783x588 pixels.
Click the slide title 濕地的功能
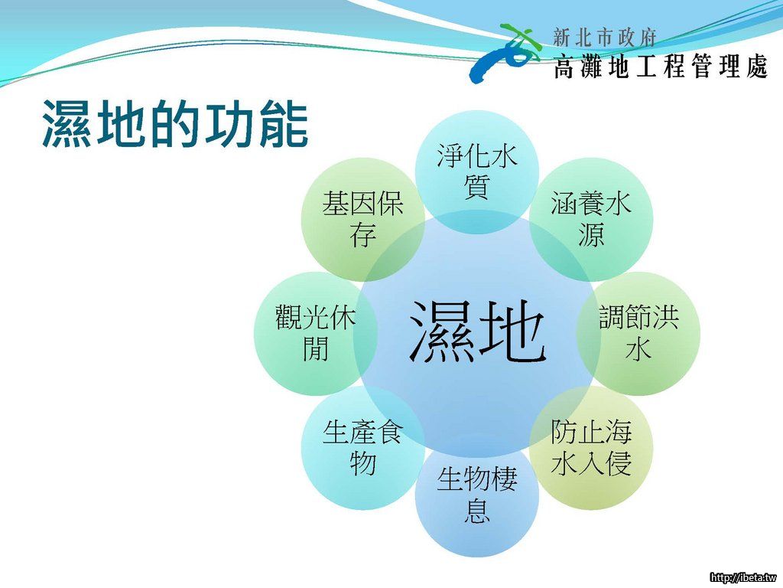175,123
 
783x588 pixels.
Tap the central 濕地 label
477,332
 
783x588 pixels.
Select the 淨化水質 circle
477,172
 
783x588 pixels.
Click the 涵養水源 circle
591,220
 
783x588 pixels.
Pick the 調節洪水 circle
638,334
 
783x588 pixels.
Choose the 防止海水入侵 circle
591,447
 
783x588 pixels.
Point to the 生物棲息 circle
477,495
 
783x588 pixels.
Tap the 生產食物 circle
363,447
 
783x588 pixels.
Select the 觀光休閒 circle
316,334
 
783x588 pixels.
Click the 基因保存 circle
363,220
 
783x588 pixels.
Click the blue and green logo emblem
505,52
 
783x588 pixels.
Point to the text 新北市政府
605,38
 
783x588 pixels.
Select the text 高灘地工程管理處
660,66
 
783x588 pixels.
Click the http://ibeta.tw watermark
743,577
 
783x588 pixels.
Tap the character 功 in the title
228,123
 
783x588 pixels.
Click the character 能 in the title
283,123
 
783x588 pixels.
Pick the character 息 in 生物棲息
477,510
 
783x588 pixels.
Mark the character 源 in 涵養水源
591,234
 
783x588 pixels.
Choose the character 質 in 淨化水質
477,187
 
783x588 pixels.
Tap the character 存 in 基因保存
363,234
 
